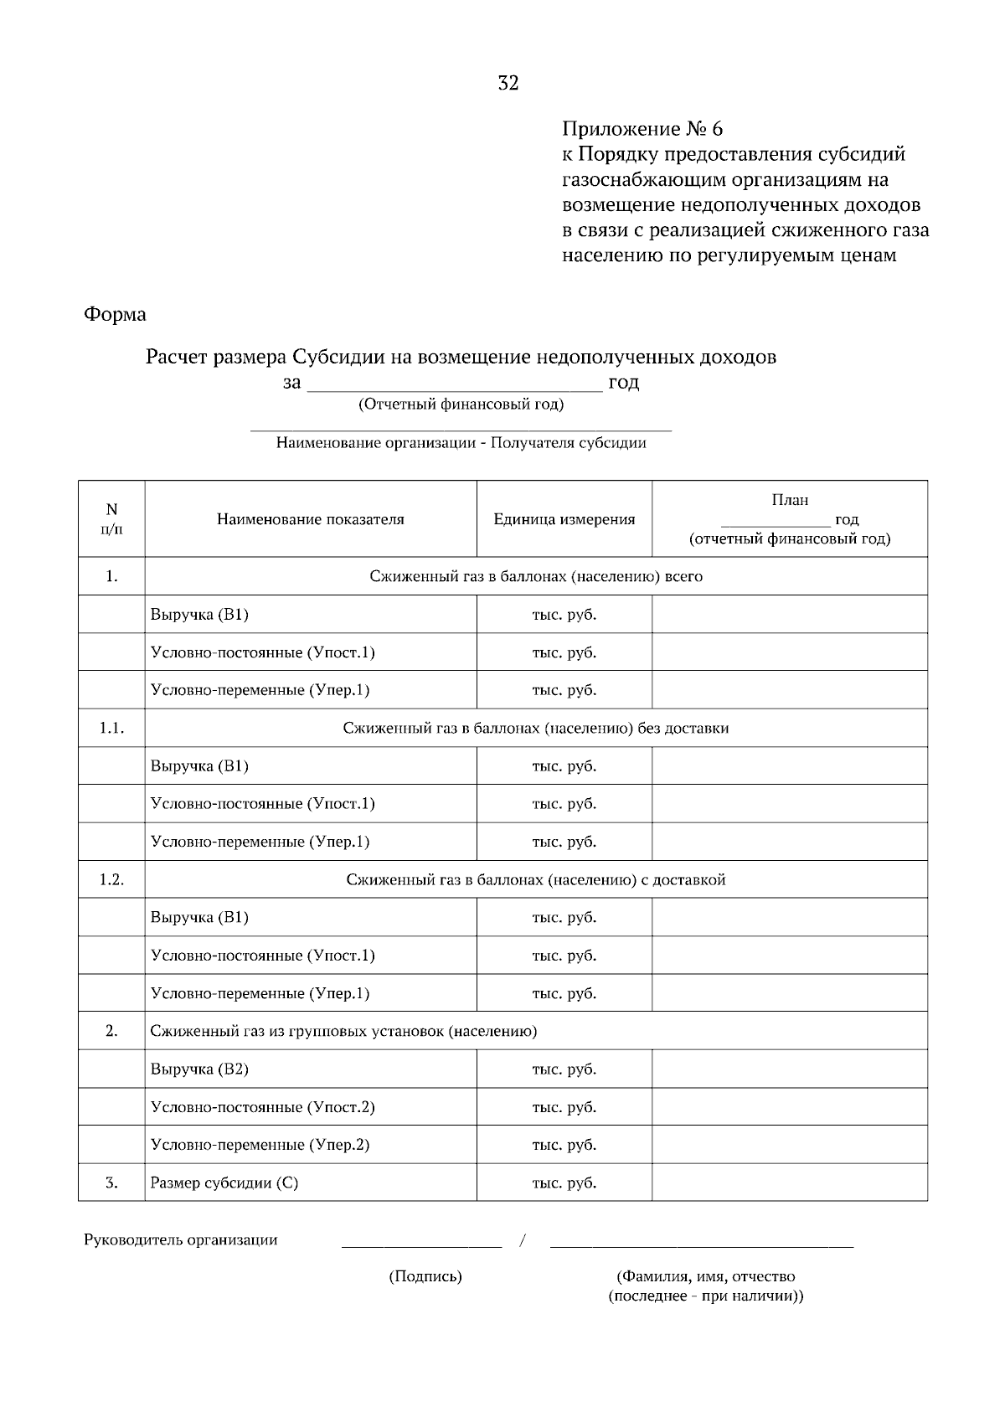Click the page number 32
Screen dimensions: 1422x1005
point(508,83)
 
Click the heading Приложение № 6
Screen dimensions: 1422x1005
point(642,129)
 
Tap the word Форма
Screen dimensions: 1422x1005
point(115,315)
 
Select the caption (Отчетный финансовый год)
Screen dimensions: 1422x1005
point(461,405)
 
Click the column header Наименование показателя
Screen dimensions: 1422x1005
point(310,519)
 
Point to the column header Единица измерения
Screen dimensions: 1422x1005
point(564,519)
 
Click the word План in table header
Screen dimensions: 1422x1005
point(789,500)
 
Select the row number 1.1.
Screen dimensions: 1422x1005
point(111,728)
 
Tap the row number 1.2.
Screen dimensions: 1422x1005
point(111,879)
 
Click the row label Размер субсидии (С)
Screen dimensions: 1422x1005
point(224,1182)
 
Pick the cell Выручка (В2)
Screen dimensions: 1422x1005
point(199,1069)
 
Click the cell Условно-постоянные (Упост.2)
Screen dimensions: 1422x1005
point(262,1107)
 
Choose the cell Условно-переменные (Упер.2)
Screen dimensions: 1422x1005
point(260,1145)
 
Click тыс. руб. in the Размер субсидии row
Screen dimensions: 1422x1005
point(564,1182)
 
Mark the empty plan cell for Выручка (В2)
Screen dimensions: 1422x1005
point(789,1069)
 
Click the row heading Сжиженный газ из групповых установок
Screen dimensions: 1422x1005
point(343,1031)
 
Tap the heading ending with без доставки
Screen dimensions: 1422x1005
point(535,728)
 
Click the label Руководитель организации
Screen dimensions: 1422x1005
point(180,1239)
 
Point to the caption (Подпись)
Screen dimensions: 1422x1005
point(425,1276)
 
